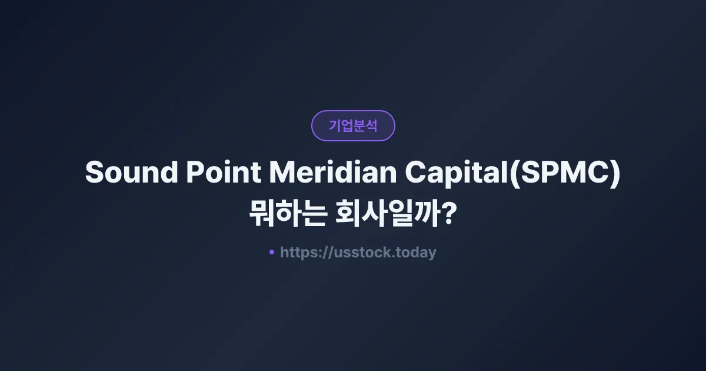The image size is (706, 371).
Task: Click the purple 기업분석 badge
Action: click(353, 125)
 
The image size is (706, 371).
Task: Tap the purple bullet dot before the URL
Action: click(271, 252)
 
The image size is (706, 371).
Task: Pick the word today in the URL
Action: click(417, 253)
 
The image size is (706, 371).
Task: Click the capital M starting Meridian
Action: click(281, 173)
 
